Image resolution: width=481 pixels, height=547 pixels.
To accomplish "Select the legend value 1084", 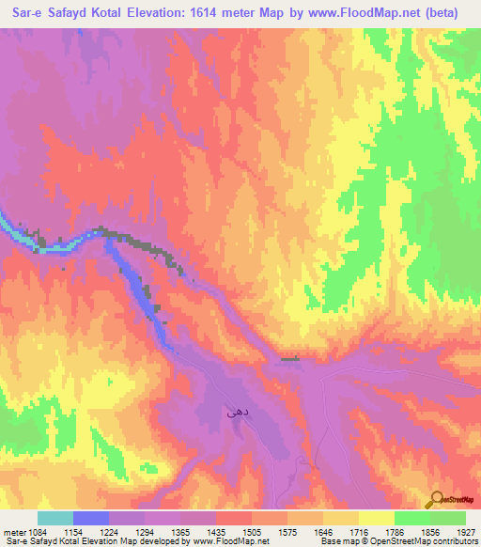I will click(x=37, y=531).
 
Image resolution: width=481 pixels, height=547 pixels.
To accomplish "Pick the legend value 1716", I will click(x=354, y=531).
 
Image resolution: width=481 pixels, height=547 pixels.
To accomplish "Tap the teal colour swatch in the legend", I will click(x=55, y=518).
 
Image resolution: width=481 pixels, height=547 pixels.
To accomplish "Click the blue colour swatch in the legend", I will click(x=91, y=518).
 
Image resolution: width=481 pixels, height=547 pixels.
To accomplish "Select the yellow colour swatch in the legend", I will click(x=377, y=518).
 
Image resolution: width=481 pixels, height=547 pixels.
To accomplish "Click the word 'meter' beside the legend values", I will click(x=13, y=531).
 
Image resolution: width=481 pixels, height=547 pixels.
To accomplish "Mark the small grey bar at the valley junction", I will click(x=291, y=358).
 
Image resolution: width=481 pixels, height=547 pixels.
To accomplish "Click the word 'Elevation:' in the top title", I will click(x=154, y=14).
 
